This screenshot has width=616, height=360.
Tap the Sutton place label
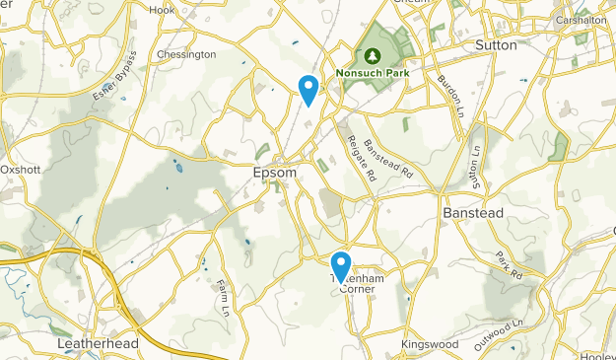(496, 45)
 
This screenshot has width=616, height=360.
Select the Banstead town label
(473, 213)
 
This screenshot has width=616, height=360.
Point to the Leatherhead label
(96, 343)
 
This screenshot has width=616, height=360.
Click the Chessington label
(185, 54)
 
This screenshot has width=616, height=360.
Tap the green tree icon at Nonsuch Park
(373, 56)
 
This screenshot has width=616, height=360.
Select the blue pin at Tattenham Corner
(341, 267)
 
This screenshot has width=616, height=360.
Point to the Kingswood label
(429, 344)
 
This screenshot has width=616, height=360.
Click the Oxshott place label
(20, 169)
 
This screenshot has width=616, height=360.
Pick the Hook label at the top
(161, 10)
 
